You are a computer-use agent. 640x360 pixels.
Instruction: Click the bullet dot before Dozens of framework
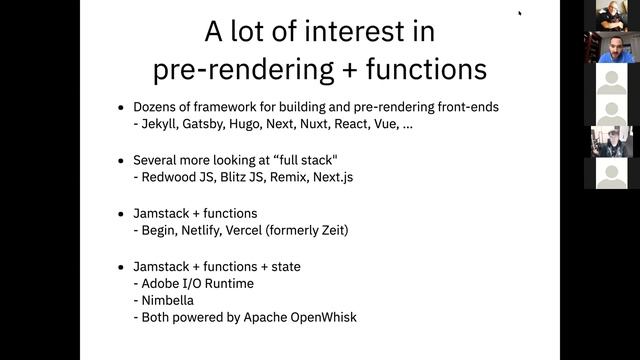122,106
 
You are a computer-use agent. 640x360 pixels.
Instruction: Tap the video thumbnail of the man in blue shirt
612,47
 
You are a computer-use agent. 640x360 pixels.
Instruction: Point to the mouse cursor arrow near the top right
520,12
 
